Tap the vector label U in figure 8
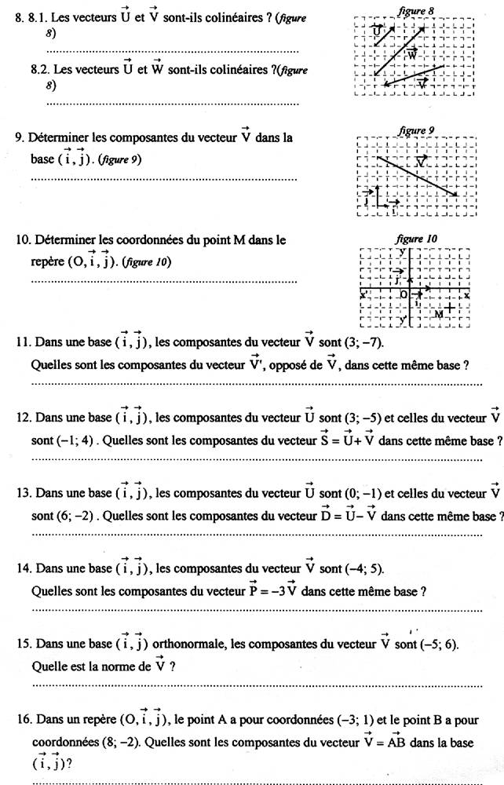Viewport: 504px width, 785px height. pyautogui.click(x=378, y=31)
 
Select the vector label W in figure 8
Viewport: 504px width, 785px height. pyautogui.click(x=411, y=55)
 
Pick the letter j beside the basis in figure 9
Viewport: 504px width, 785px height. pyautogui.click(x=367, y=199)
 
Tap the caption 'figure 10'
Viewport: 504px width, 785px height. pyautogui.click(x=417, y=239)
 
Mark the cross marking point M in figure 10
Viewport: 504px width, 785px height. pyautogui.click(x=449, y=307)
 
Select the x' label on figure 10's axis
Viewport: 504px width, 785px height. pyautogui.click(x=364, y=295)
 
